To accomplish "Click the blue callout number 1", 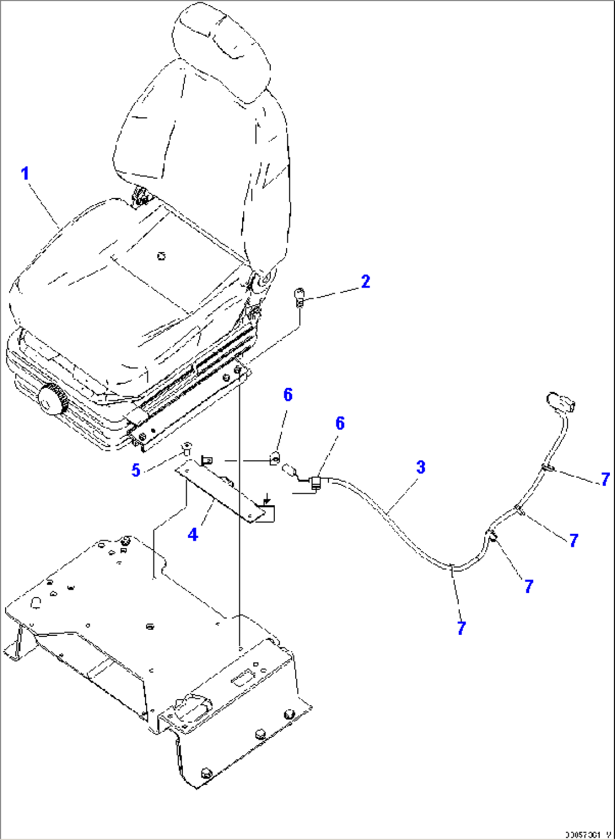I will pyautogui.click(x=24, y=173).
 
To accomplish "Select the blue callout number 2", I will pyautogui.click(x=366, y=281).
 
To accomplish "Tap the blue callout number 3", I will pyautogui.click(x=421, y=467).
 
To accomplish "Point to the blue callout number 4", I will pyautogui.click(x=193, y=534).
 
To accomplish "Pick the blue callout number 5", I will pyautogui.click(x=136, y=470).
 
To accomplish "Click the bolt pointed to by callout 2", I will pyautogui.click(x=300, y=296).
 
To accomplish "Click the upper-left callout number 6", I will pyautogui.click(x=288, y=395).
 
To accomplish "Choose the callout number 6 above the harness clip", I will pyautogui.click(x=340, y=423).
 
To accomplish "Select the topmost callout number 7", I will pyautogui.click(x=605, y=479).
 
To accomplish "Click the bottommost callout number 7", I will pyautogui.click(x=462, y=628).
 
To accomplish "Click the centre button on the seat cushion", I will pyautogui.click(x=162, y=257).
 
